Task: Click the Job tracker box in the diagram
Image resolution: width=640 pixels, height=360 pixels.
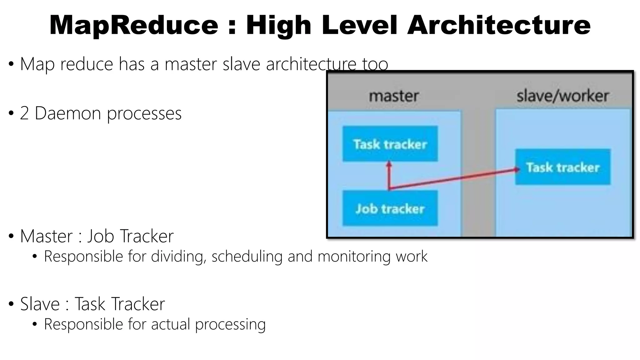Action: [x=390, y=208]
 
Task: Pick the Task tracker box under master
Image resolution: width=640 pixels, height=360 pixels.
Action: [x=390, y=144]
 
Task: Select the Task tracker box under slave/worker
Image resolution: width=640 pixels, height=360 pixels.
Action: [x=562, y=167]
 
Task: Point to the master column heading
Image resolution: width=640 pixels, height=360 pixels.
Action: [x=394, y=96]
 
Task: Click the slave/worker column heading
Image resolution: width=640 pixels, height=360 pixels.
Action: [x=562, y=96]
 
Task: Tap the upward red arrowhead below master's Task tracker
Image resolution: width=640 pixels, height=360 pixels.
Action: [x=389, y=164]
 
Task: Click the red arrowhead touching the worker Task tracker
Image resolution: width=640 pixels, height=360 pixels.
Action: [x=517, y=170]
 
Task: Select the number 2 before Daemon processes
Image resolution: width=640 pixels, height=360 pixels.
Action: [x=24, y=113]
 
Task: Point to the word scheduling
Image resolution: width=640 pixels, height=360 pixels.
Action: [x=247, y=257]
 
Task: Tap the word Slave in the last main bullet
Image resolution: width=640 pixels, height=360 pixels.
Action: [x=40, y=304]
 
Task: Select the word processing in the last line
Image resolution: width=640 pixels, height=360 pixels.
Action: [x=230, y=324]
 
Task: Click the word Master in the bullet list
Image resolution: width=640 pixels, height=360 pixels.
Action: [x=46, y=236]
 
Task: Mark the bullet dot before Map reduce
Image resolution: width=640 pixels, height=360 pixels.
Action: [x=11, y=64]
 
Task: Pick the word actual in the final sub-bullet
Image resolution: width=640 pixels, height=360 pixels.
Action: [x=171, y=324]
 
